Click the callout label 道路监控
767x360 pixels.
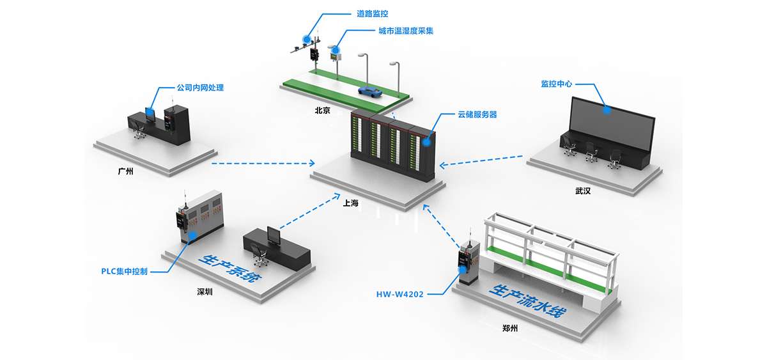click(372, 13)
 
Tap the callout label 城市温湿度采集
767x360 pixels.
click(405, 31)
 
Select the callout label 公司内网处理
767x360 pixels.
click(200, 88)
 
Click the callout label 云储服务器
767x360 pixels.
click(477, 114)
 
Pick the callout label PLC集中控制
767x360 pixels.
click(125, 271)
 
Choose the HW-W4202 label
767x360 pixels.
click(400, 295)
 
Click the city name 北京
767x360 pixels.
click(322, 110)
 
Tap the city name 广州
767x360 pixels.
click(126, 171)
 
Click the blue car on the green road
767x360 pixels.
click(369, 91)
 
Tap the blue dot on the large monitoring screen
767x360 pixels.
click(607, 109)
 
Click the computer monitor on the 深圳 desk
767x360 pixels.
click(273, 235)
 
